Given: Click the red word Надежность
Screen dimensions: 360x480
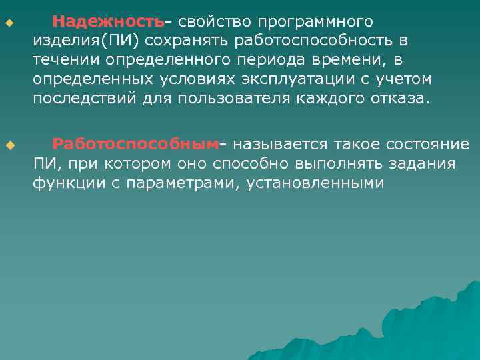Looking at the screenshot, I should [108, 22].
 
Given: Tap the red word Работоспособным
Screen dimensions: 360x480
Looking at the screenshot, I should [135, 144].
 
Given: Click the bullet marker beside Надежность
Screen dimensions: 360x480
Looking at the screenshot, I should [9, 25].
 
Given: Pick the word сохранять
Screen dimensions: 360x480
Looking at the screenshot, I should [197, 41].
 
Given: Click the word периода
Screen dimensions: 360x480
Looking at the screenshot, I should [273, 61].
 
